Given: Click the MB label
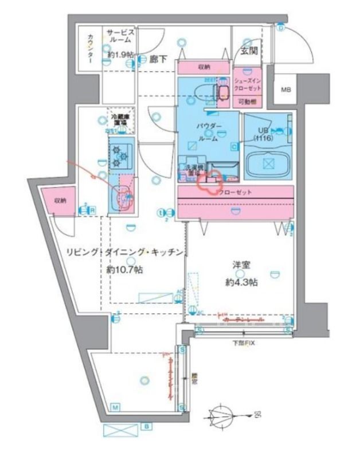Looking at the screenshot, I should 284,90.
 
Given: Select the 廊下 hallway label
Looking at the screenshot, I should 158,58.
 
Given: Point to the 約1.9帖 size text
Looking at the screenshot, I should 120,55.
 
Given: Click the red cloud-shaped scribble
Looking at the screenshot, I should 210,182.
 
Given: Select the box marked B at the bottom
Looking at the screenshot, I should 147,426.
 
